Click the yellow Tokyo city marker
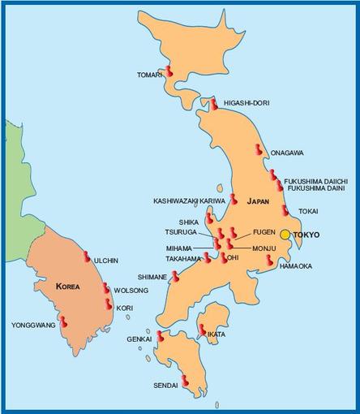tap(285, 235)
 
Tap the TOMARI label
tap(150, 76)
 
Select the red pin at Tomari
tap(169, 71)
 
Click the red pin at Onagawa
tap(258, 150)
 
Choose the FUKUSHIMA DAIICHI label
tap(316, 180)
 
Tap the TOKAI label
tap(308, 211)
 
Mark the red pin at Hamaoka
tap(268, 260)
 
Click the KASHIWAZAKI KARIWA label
tap(189, 201)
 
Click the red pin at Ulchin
tap(87, 256)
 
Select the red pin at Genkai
tap(161, 335)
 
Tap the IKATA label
tap(216, 334)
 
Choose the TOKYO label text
tap(306, 235)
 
